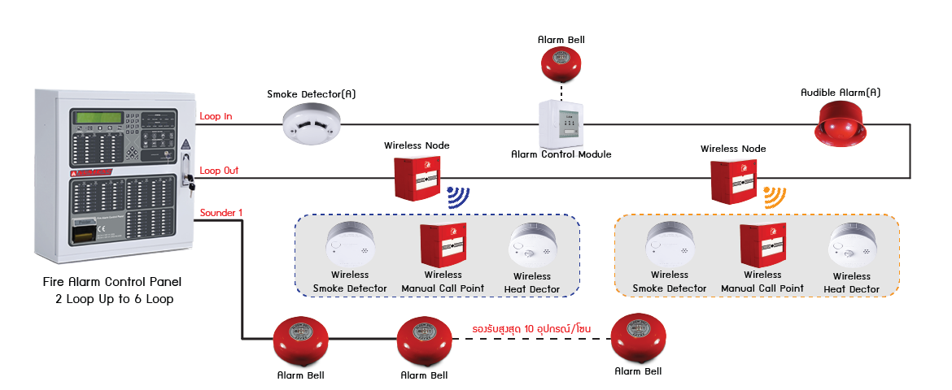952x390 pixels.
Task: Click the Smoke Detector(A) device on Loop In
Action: coord(314,125)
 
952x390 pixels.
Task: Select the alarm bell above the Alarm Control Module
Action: coord(562,65)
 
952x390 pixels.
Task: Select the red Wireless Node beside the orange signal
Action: coord(734,180)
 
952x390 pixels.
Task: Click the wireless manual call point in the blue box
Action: coord(442,245)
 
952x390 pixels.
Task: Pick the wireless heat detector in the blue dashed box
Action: coord(532,246)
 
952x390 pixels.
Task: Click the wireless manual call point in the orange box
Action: coord(762,245)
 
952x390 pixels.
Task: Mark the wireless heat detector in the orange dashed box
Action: coord(851,246)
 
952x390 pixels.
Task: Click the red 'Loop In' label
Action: coord(216,116)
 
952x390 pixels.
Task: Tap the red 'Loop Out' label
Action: coord(219,171)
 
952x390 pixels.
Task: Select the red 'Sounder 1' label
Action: coord(221,213)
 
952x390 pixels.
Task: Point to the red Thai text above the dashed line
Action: coord(531,328)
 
